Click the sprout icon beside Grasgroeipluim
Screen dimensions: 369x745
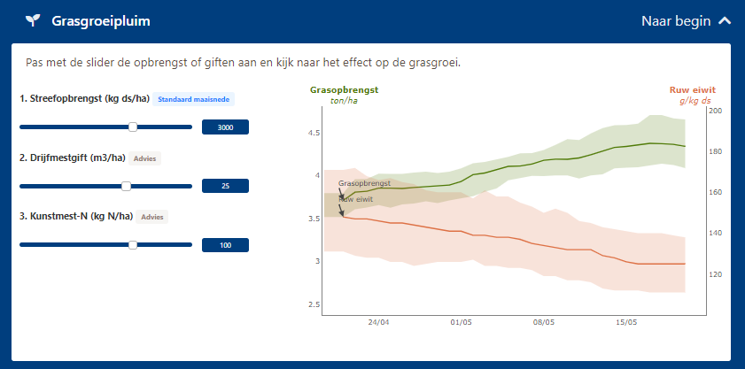(x=32, y=20)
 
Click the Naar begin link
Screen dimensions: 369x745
(x=675, y=21)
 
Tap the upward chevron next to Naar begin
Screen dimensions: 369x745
(x=725, y=21)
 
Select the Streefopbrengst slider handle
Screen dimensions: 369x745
(x=133, y=127)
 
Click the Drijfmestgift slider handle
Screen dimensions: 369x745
(x=126, y=187)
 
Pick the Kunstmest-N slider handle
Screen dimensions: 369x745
(x=133, y=245)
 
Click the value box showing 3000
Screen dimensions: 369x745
(x=225, y=127)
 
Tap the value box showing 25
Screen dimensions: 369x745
(x=225, y=187)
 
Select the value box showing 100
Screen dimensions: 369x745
(x=225, y=245)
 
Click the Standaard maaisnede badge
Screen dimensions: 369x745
(x=193, y=99)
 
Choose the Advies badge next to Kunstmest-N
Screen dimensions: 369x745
(x=152, y=217)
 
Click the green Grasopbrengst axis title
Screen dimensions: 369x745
(x=344, y=90)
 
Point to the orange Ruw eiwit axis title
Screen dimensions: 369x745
(x=692, y=90)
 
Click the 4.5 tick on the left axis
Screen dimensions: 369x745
(x=313, y=133)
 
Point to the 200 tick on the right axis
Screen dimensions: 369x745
(x=716, y=111)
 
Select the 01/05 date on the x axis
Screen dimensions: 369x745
(x=461, y=323)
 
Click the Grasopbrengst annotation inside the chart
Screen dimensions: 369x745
(x=364, y=183)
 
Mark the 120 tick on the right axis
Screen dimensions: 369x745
(x=716, y=275)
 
